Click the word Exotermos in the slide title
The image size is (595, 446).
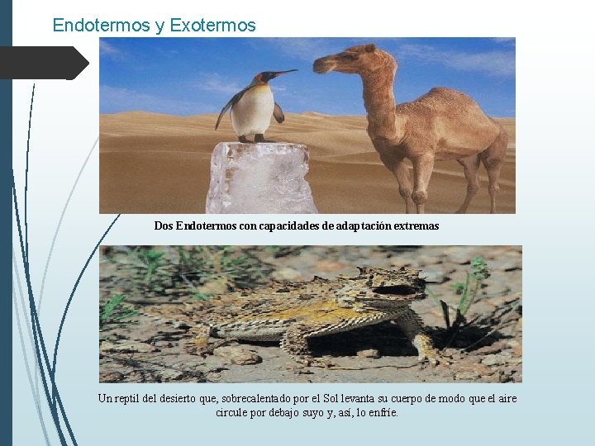[x=213, y=26]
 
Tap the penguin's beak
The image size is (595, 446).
[x=285, y=74]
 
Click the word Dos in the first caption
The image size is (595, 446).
[x=164, y=225]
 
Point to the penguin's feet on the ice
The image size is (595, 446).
[x=253, y=139]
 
